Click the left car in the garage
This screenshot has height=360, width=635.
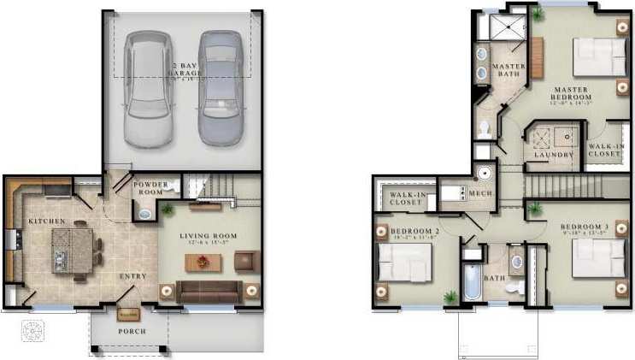tap(146, 89)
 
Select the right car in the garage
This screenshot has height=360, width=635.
tap(220, 87)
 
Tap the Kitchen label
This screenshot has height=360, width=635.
tap(46, 221)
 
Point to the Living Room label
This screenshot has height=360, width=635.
tap(208, 236)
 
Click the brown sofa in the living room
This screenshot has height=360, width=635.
tap(209, 291)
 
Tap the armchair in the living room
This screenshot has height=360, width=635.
tap(245, 261)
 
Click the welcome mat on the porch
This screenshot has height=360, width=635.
tap(127, 314)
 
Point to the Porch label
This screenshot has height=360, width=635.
tap(132, 332)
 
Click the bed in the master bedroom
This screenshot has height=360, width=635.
tap(597, 58)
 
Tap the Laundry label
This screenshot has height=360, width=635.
tap(551, 156)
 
